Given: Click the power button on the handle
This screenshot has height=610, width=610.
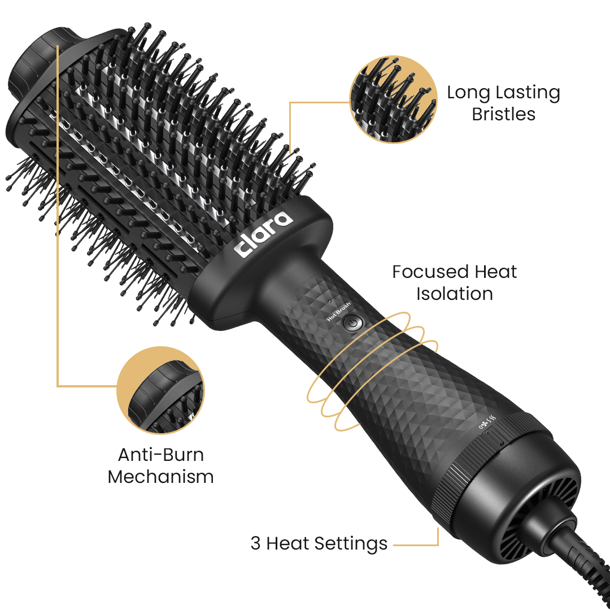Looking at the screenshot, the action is pos(352,323).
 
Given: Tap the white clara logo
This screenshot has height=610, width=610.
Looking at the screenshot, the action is pos(264,234).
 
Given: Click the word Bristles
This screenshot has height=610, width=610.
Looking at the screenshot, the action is pos(503,114).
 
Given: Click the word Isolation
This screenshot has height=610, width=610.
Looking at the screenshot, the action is pos(454,294).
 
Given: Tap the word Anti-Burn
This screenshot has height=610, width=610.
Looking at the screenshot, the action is pos(160,455).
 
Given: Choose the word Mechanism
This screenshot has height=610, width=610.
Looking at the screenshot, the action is pos(160,477).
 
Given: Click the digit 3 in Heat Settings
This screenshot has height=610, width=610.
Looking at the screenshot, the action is pos(255,543).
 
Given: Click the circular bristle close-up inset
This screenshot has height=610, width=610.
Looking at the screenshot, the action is pos(393,99).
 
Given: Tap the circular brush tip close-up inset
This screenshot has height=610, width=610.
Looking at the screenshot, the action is pos(160,390).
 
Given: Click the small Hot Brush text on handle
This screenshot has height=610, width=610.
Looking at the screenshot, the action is pos(339,311).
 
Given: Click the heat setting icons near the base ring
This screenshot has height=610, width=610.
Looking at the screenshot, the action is pos(487,422).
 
